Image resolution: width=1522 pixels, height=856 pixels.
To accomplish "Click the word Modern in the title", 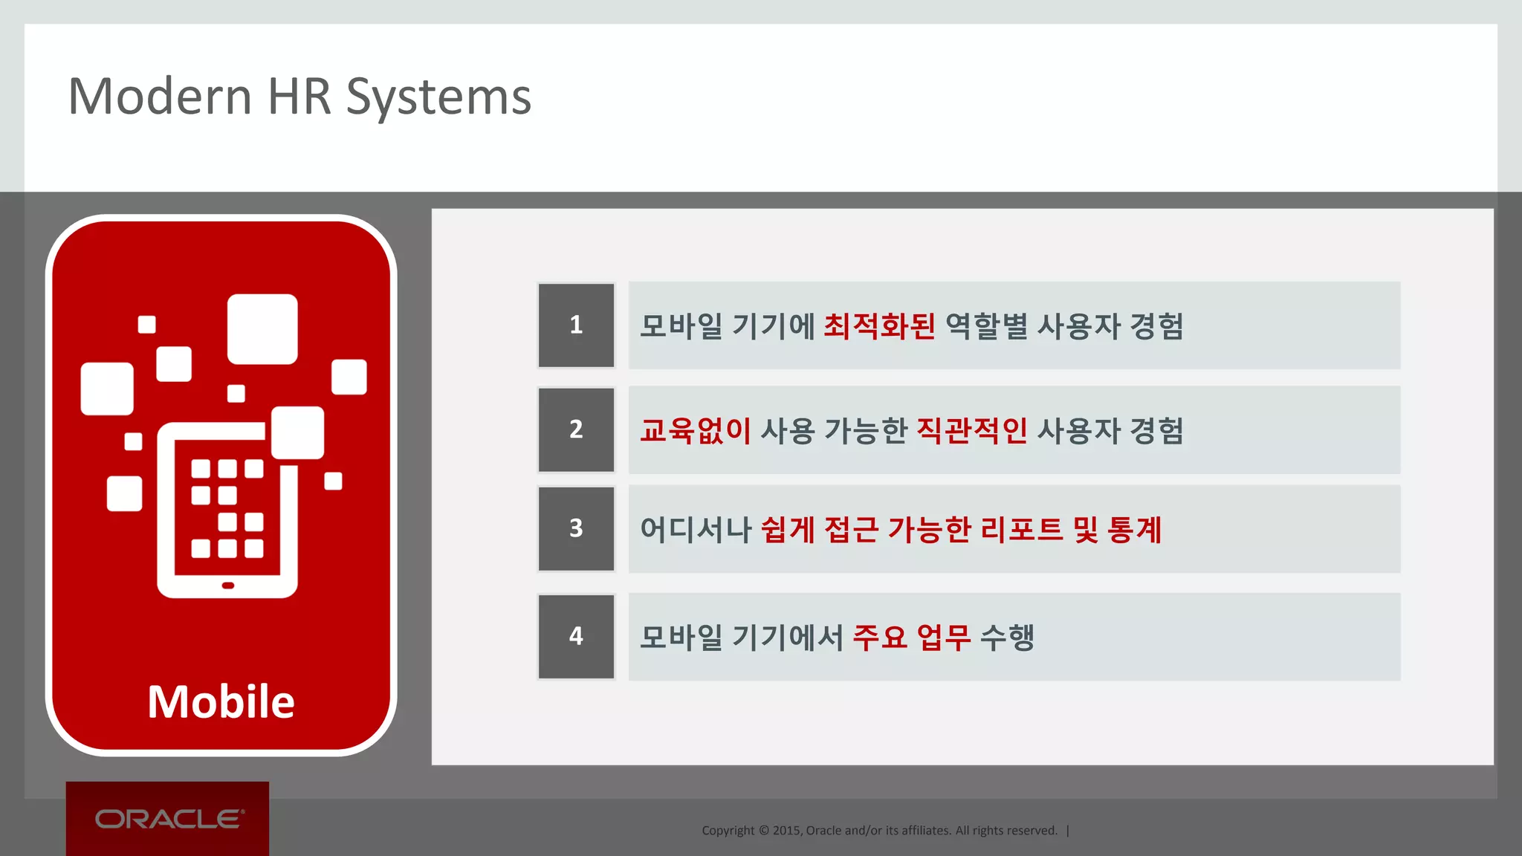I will click(160, 97).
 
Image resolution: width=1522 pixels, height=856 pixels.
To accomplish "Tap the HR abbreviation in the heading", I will click(299, 97).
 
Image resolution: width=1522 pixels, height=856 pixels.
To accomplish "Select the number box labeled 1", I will click(576, 325).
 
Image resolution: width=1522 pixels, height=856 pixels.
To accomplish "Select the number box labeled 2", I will click(576, 429).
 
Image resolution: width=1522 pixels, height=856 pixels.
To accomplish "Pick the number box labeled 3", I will click(576, 528).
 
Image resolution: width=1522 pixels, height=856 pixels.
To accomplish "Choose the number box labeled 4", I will click(576, 636).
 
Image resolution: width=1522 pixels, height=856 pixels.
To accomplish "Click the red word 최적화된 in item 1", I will click(879, 326).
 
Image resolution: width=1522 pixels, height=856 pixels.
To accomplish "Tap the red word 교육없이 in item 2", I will click(696, 430).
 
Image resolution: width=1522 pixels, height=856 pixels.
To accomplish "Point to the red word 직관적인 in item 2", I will click(971, 430).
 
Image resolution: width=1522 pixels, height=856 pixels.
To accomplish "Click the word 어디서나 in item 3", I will click(696, 530).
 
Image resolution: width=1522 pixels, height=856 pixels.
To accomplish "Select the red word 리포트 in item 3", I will click(1022, 530).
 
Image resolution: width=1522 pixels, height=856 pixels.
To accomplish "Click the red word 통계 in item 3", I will click(1134, 530).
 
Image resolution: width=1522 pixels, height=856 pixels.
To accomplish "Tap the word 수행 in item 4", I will click(1007, 637).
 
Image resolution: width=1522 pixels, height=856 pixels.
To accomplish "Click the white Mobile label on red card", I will click(221, 701).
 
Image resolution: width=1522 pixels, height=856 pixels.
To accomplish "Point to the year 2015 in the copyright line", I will click(786, 831).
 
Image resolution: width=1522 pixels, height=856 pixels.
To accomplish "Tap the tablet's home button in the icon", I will click(228, 586).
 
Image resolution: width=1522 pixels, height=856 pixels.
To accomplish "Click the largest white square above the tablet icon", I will click(262, 329).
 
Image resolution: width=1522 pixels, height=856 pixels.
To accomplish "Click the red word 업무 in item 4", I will click(944, 637).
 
